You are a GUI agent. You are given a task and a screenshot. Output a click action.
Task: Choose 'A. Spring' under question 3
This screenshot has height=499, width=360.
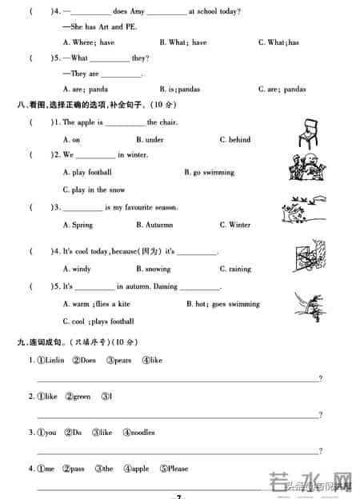(x=78, y=226)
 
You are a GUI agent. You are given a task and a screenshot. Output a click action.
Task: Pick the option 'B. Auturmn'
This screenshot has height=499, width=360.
(x=156, y=226)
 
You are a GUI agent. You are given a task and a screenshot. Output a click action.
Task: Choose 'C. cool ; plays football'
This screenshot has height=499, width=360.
(x=98, y=321)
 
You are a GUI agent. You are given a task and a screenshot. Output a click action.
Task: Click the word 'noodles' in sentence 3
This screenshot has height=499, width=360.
(x=138, y=433)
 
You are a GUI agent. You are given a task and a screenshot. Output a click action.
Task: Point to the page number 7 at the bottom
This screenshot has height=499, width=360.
(x=180, y=496)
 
